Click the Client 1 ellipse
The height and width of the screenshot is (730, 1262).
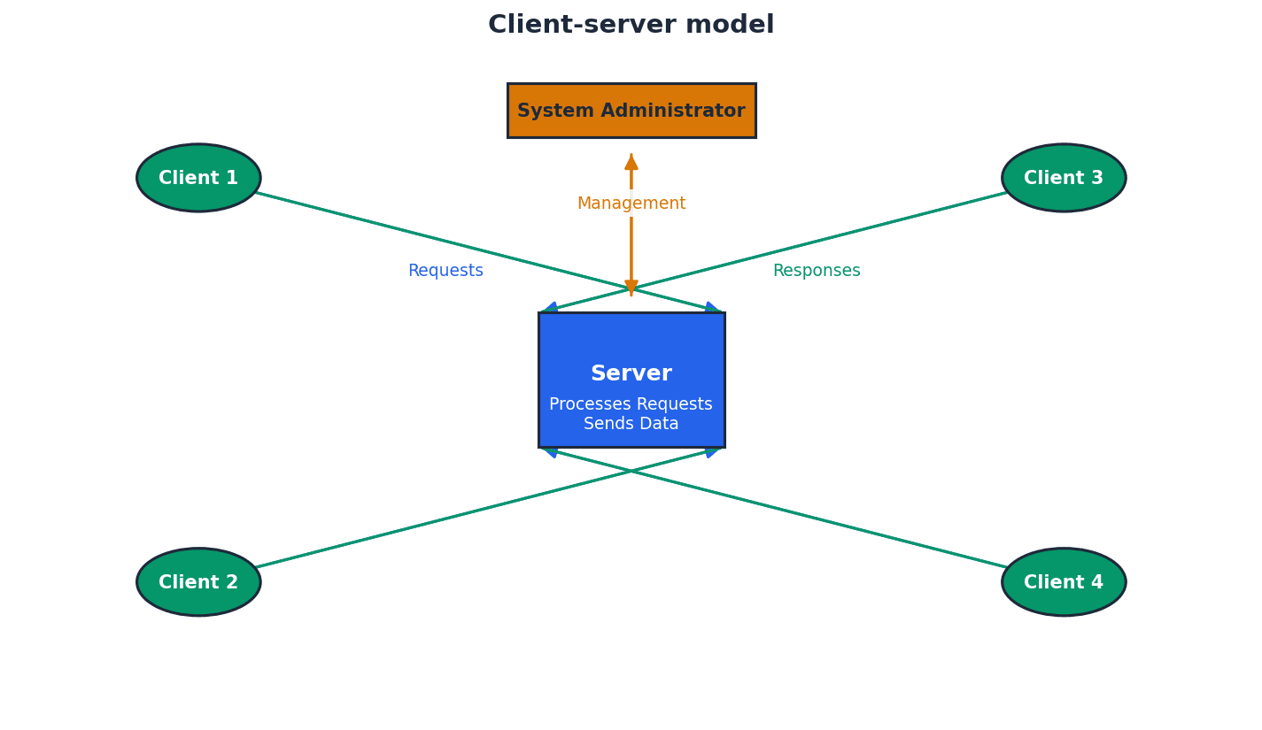(198, 178)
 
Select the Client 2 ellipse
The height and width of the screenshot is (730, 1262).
(198, 582)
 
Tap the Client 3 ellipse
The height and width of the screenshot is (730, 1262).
(1064, 178)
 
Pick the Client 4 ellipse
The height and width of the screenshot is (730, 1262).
(1064, 582)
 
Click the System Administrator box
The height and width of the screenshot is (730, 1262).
(631, 111)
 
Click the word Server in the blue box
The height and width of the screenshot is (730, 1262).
(631, 373)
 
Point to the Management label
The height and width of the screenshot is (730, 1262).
(631, 204)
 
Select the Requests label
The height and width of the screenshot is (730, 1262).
(445, 271)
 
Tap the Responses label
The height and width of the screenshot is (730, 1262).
(816, 271)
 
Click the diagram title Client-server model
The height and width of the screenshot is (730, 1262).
(631, 25)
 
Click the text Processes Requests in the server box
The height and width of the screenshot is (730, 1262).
(631, 404)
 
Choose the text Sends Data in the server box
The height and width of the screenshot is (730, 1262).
(631, 424)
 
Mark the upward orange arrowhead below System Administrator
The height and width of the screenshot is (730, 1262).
(631, 162)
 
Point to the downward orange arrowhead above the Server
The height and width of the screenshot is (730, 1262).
(631, 288)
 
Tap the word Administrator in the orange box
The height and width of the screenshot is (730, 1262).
(673, 111)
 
